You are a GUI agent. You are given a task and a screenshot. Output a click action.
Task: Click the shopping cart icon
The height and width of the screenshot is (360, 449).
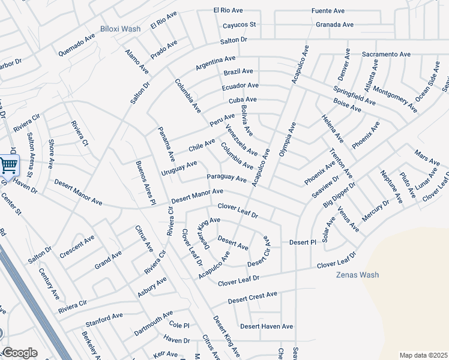tap(8, 165)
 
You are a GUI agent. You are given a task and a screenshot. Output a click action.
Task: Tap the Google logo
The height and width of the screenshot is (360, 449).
tap(20, 353)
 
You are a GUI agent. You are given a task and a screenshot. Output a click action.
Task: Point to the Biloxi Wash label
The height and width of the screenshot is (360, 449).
tap(120, 28)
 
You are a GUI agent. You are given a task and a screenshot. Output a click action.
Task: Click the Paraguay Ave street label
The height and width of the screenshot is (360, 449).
tap(227, 178)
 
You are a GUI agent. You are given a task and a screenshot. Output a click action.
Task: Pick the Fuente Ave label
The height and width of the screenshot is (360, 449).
tap(328, 11)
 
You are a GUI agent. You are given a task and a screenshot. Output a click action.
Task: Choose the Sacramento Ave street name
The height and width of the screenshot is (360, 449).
tap(386, 54)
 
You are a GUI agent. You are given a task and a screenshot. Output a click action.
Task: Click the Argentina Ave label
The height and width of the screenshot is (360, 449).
tap(215, 62)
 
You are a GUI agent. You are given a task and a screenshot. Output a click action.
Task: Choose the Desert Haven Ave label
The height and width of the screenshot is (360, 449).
tap(267, 326)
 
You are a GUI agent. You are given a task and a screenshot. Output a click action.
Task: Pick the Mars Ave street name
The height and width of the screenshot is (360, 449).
tap(427, 158)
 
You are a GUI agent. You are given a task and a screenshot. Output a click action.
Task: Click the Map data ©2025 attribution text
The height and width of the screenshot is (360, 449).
tap(423, 355)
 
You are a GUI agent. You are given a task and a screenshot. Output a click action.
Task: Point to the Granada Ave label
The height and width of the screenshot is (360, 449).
tap(334, 25)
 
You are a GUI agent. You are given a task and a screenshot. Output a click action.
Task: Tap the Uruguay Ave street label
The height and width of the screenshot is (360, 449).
tap(179, 168)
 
